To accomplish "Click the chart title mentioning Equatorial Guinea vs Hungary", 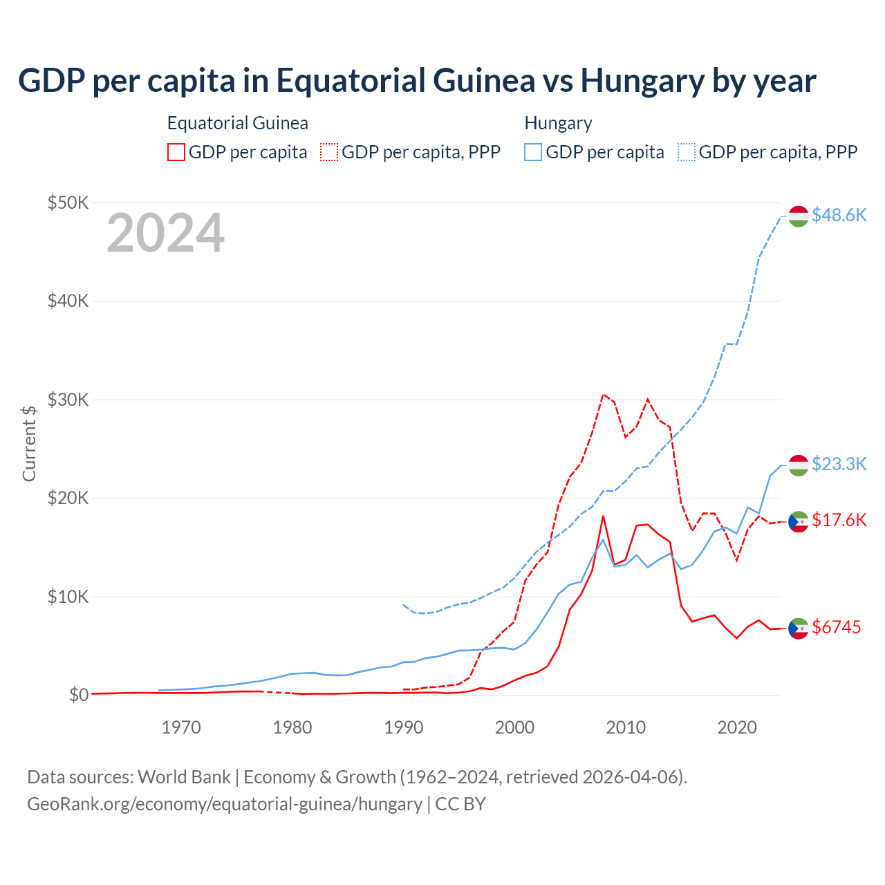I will pyautogui.click(x=417, y=81).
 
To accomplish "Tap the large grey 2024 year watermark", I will pyautogui.click(x=165, y=234).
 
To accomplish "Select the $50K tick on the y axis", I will pyautogui.click(x=68, y=203).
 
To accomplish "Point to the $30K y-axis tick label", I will pyautogui.click(x=68, y=400).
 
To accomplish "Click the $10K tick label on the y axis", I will pyautogui.click(x=68, y=597).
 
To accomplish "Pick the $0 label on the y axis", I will pyautogui.click(x=79, y=695).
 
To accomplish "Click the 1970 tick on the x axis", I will pyautogui.click(x=181, y=727).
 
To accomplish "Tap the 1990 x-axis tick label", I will pyautogui.click(x=404, y=727).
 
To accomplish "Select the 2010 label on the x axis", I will pyautogui.click(x=626, y=727).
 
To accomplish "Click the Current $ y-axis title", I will pyautogui.click(x=29, y=443).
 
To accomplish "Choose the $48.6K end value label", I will pyautogui.click(x=839, y=216).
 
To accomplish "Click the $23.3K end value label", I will pyautogui.click(x=839, y=464).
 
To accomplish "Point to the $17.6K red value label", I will pyautogui.click(x=839, y=520).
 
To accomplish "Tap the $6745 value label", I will pyautogui.click(x=836, y=627).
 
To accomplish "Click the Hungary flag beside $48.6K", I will pyautogui.click(x=799, y=216).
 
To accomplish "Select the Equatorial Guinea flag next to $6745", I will pyautogui.click(x=799, y=628).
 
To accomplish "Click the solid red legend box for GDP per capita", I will pyautogui.click(x=176, y=152).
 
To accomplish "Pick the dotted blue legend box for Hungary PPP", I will pyautogui.click(x=687, y=152).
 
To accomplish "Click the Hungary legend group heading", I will pyautogui.click(x=558, y=123).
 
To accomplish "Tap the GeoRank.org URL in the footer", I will pyautogui.click(x=225, y=804).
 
